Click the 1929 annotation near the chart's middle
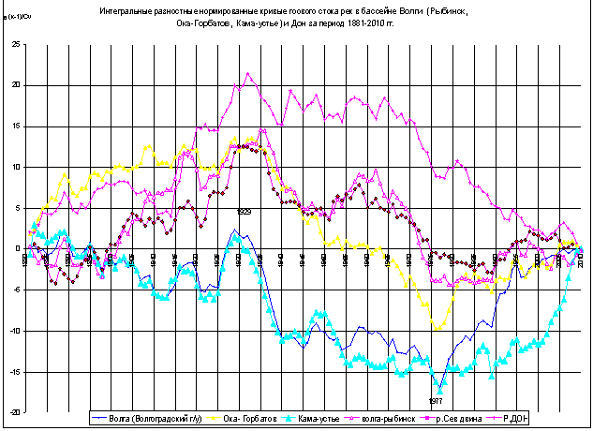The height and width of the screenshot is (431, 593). [x=243, y=212]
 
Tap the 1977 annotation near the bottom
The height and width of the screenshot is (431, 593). [x=436, y=400]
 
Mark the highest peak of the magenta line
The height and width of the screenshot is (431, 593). [x=247, y=73]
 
